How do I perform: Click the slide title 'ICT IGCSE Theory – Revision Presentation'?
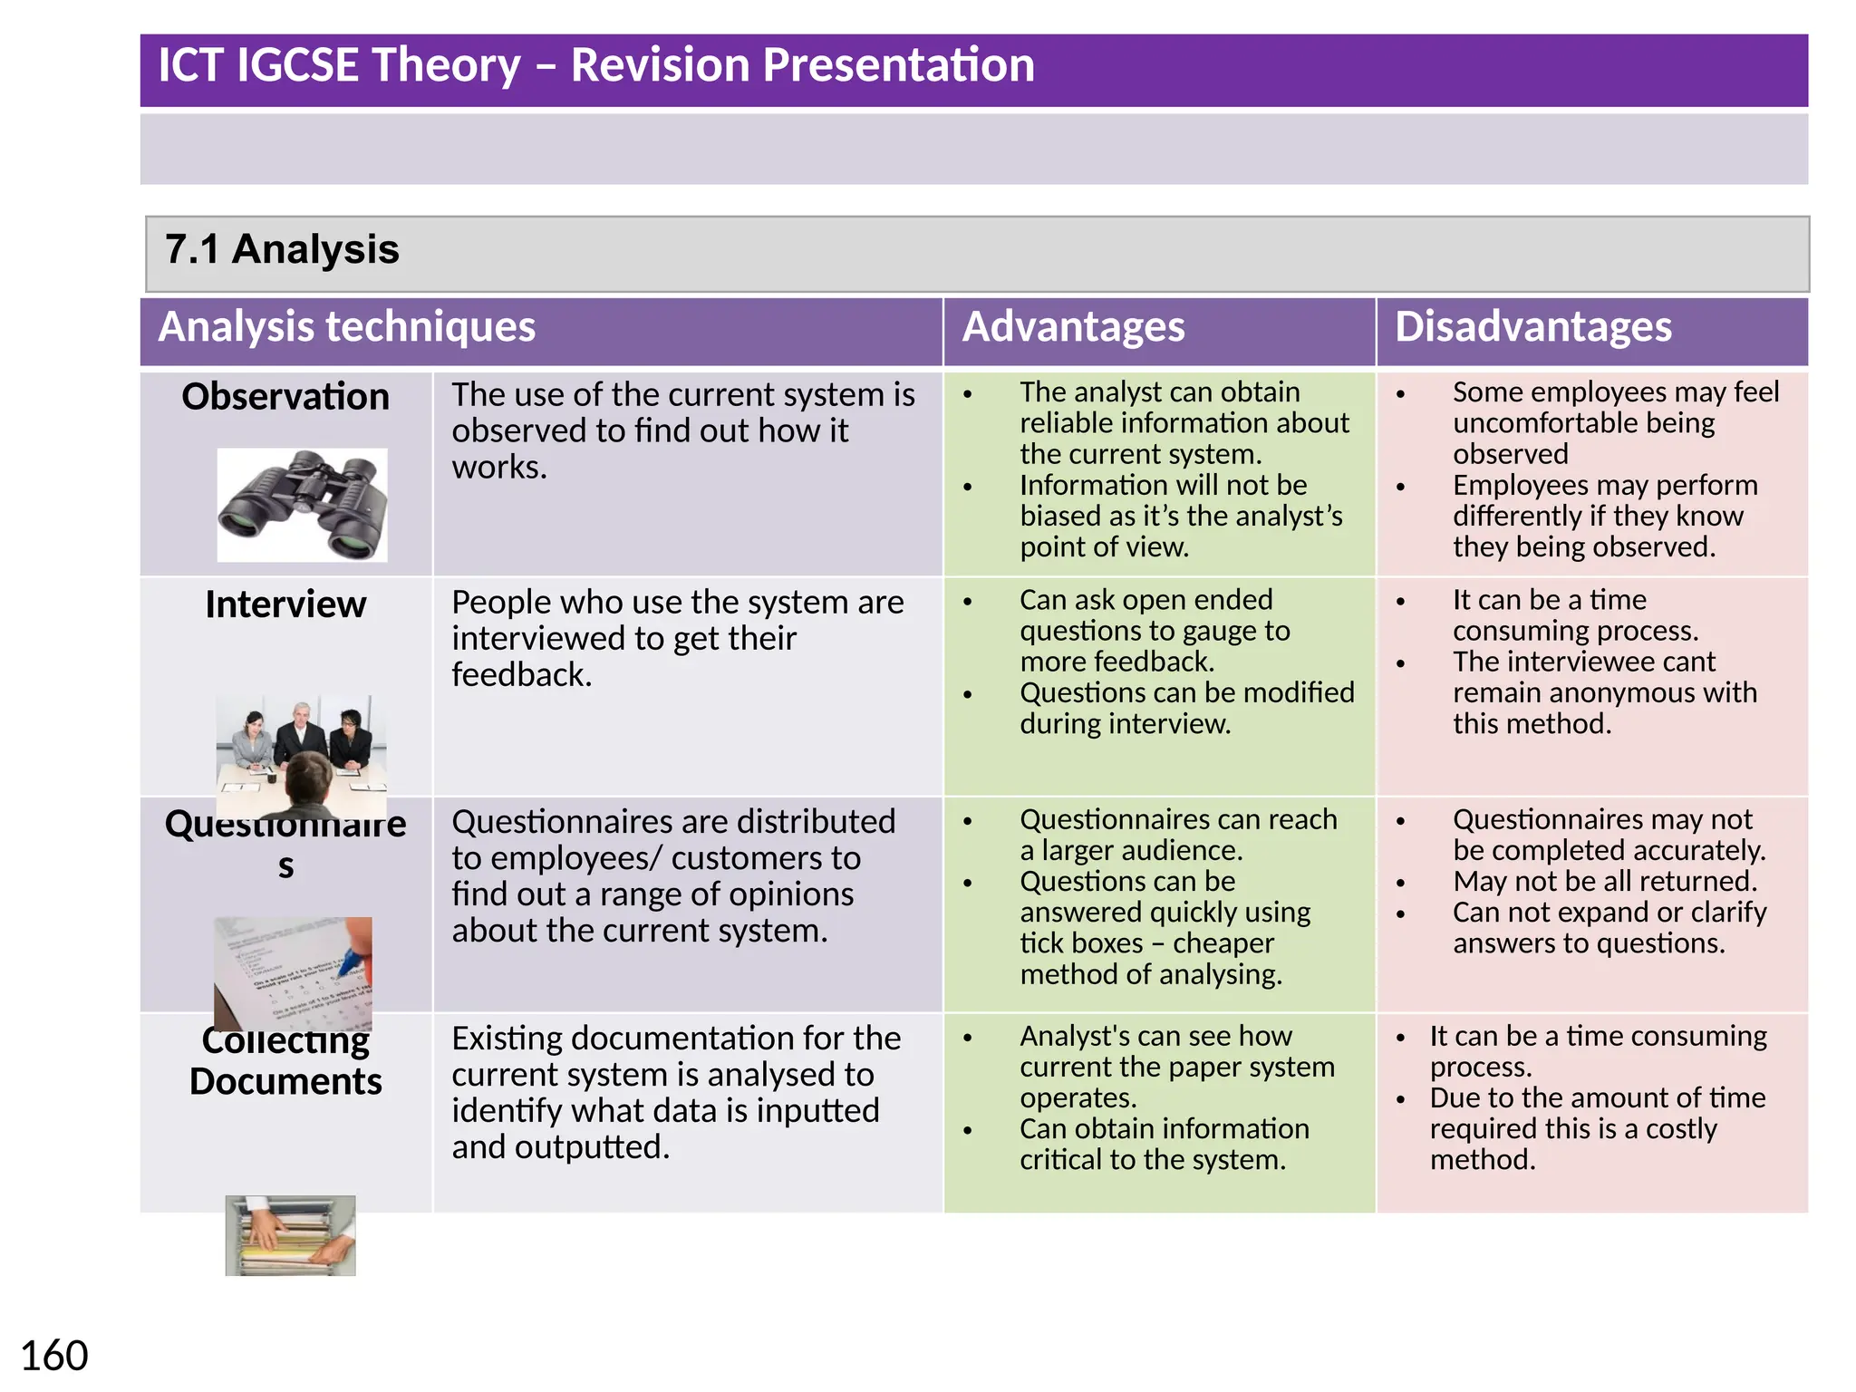596,66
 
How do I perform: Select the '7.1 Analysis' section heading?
282,250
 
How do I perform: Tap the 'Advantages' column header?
1073,327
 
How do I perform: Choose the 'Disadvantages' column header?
1532,327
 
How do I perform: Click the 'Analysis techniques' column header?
347,327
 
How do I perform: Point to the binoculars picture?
302,505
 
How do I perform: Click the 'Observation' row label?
285,397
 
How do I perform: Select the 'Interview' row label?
285,604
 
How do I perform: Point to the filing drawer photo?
290,1235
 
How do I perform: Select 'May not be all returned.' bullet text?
1605,882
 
